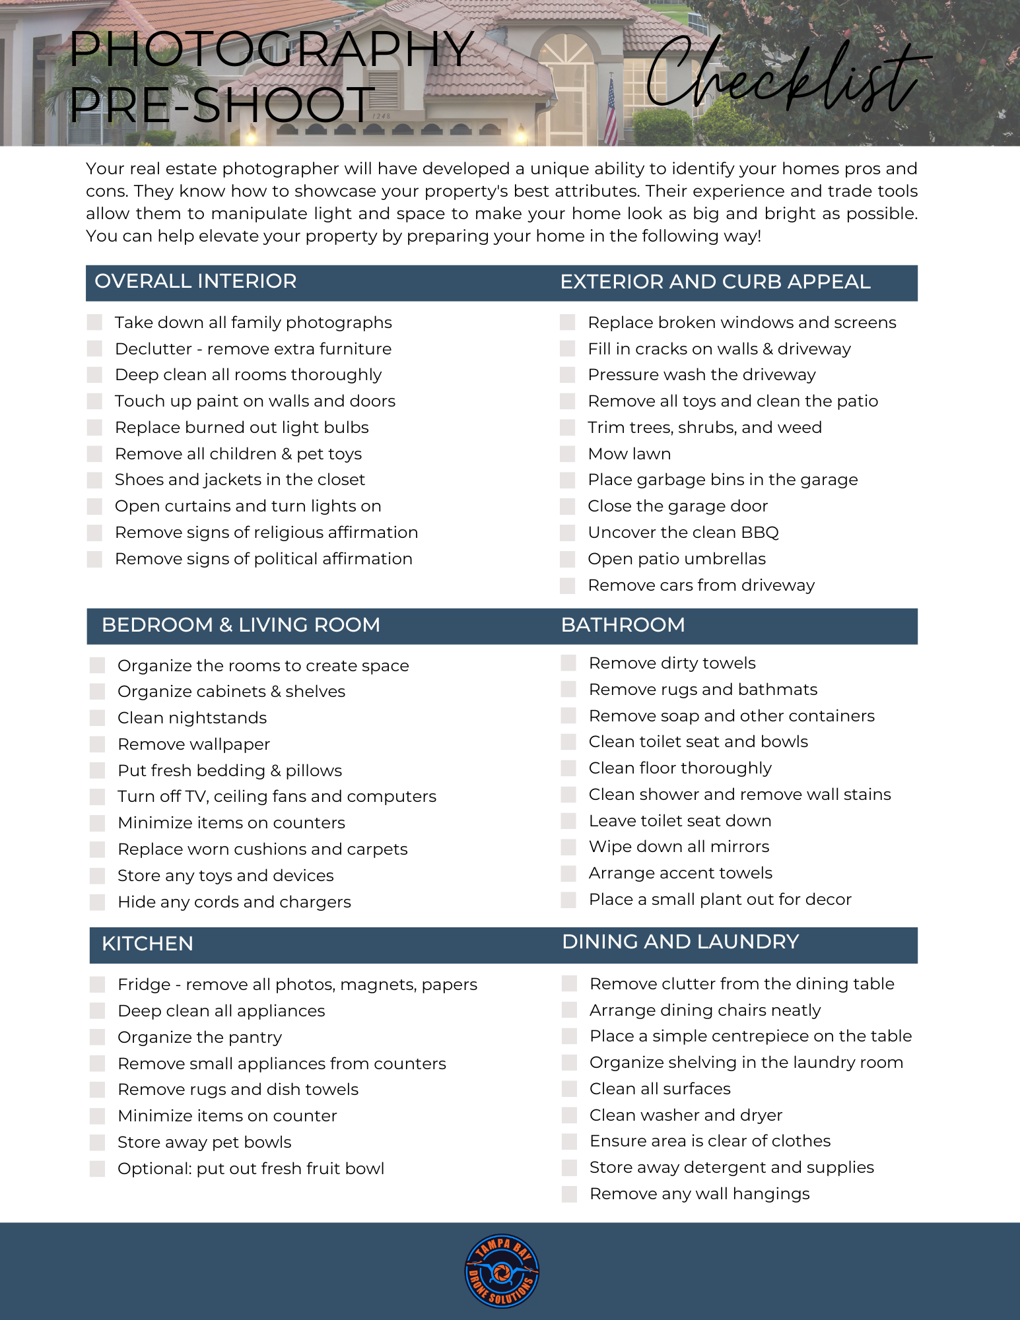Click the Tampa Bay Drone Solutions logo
click(x=502, y=1270)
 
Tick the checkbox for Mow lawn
click(x=567, y=454)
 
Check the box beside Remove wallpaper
click(x=97, y=744)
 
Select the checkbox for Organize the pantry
click(x=97, y=1038)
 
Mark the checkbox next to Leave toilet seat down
click(x=568, y=821)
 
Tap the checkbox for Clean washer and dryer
click(x=568, y=1115)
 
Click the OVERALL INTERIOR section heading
click(x=195, y=281)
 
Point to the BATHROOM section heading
click(x=623, y=625)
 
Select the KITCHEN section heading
click(x=147, y=944)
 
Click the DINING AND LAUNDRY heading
click(x=680, y=942)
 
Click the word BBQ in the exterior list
click(x=759, y=533)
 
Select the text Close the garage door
click(x=677, y=506)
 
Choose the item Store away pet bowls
click(x=204, y=1142)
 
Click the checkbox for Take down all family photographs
click(x=94, y=323)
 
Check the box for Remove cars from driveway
click(x=567, y=586)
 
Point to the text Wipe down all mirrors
click(x=679, y=847)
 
